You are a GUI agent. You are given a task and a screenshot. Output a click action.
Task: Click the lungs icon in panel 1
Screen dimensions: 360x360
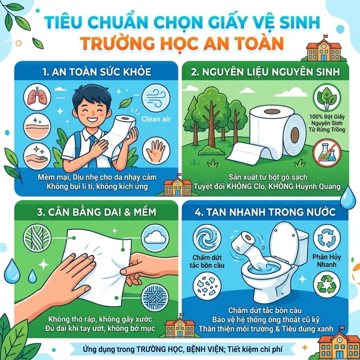click(x=37, y=97)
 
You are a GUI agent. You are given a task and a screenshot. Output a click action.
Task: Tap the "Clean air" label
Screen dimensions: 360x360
click(x=156, y=119)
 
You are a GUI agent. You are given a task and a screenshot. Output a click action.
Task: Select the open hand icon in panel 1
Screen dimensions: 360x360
click(x=156, y=150)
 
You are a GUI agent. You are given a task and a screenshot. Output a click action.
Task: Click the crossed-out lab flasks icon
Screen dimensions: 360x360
click(x=327, y=153)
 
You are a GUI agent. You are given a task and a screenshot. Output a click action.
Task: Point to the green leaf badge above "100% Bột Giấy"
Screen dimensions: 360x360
click(x=327, y=97)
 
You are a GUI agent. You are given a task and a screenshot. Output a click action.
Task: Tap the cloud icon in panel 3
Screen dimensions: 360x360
click(x=155, y=238)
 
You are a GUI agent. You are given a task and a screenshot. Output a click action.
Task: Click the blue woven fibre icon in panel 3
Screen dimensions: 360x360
click(x=154, y=297)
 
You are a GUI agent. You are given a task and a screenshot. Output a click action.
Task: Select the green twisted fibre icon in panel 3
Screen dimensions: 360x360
click(x=37, y=238)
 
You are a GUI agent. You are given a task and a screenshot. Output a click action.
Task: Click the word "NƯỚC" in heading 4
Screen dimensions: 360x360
click(x=322, y=212)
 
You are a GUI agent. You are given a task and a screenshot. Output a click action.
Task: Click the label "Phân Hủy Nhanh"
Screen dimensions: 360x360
click(x=326, y=261)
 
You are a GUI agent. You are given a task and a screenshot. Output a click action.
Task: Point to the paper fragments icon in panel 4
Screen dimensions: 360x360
click(x=207, y=286)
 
